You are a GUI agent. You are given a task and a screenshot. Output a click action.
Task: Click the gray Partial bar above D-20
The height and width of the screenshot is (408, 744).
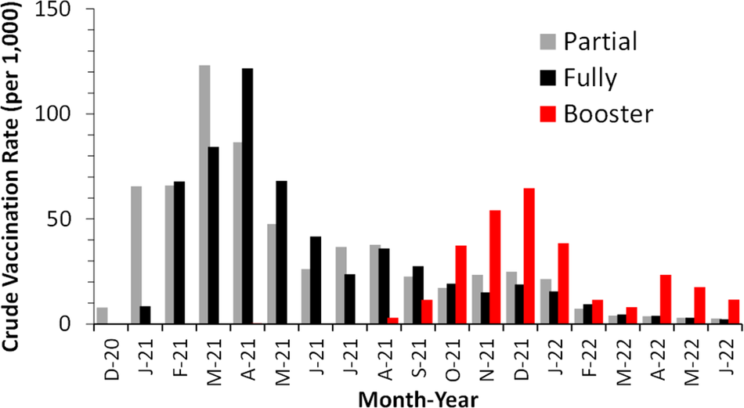(102, 316)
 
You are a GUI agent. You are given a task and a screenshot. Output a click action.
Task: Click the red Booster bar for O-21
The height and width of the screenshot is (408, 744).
(460, 284)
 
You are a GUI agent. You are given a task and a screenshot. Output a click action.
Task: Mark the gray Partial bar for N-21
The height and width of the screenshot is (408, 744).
(477, 299)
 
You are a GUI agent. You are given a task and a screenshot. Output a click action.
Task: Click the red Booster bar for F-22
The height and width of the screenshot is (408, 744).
(598, 312)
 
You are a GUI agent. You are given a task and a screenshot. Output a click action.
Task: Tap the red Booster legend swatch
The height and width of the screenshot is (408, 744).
(550, 114)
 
